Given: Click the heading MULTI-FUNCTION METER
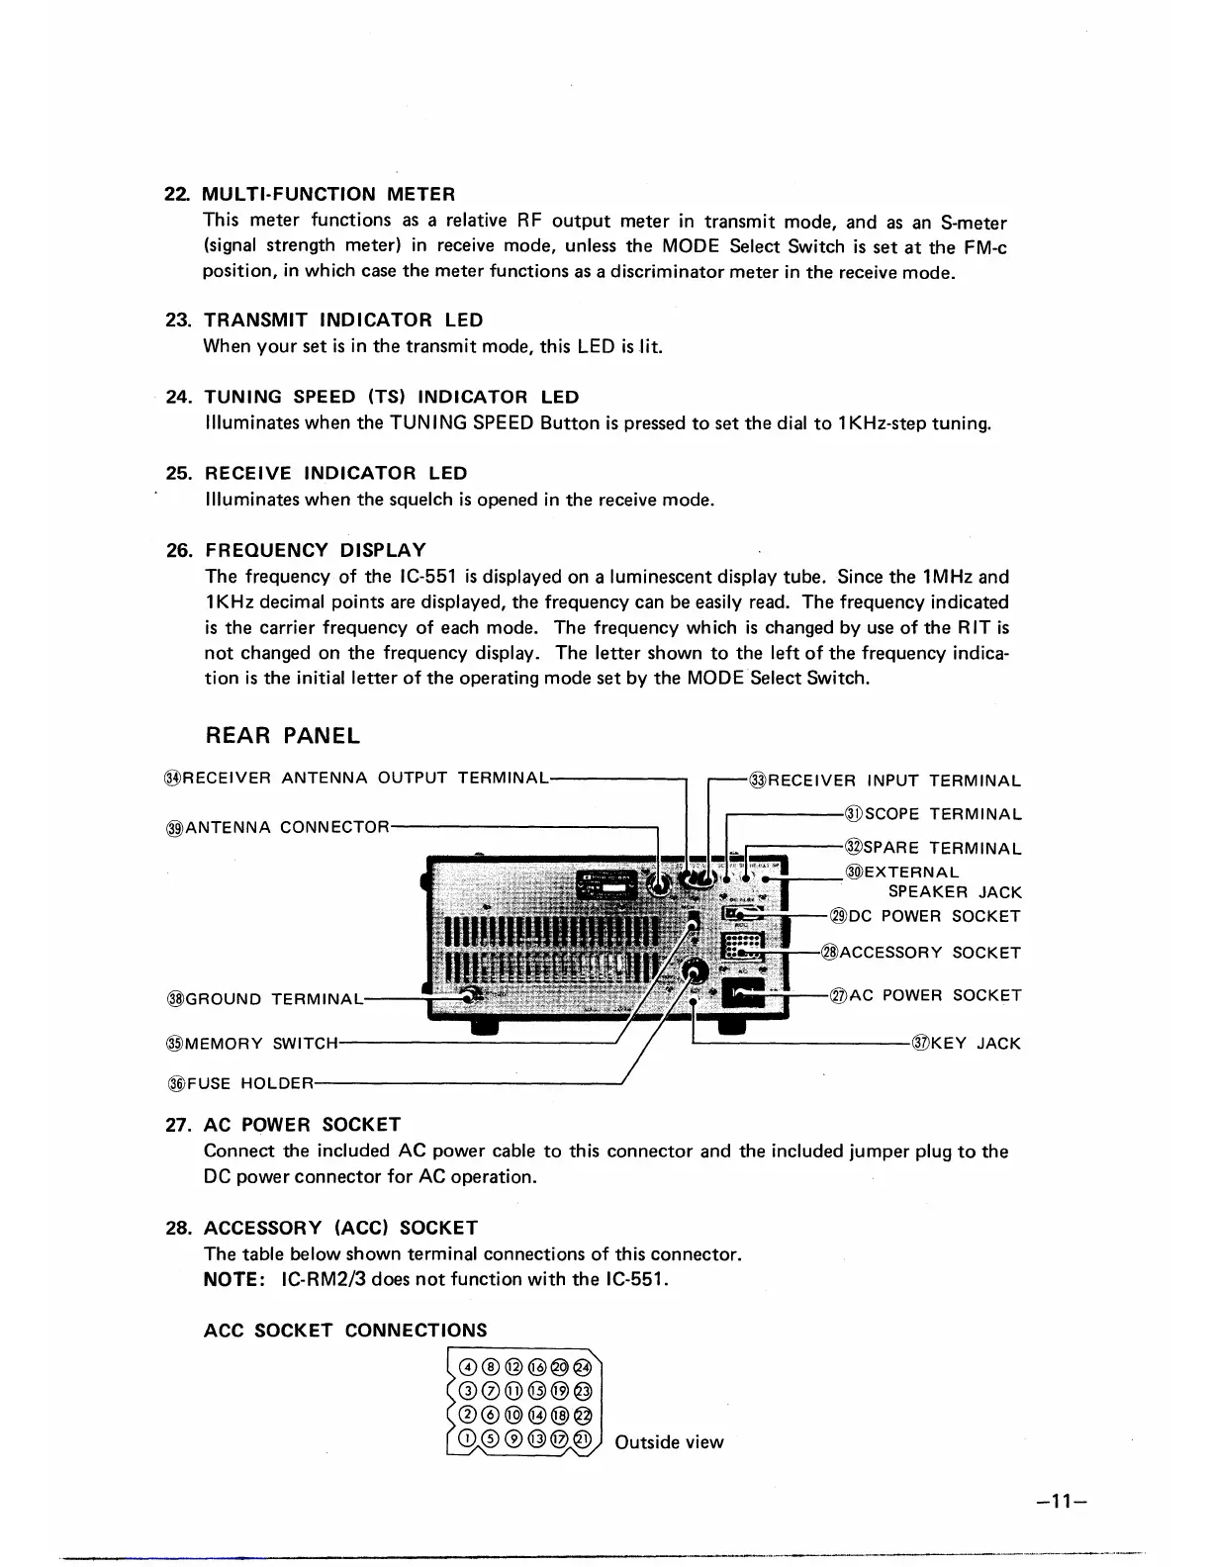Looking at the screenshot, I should coord(328,194).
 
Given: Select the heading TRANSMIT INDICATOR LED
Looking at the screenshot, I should coord(342,320).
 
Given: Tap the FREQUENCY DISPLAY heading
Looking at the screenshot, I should coord(315,550).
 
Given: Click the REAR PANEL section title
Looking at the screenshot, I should coord(282,736).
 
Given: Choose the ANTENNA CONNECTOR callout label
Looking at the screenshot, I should coord(286,826).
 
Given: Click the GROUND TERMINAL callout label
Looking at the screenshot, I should coord(272,998).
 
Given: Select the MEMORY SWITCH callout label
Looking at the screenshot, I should coord(261,1043).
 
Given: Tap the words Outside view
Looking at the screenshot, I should coord(669,1442).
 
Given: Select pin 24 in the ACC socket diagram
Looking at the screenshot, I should coord(583,1367).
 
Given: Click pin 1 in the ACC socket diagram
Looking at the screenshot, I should coord(468,1439).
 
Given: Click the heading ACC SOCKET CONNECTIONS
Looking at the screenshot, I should coord(344,1331).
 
